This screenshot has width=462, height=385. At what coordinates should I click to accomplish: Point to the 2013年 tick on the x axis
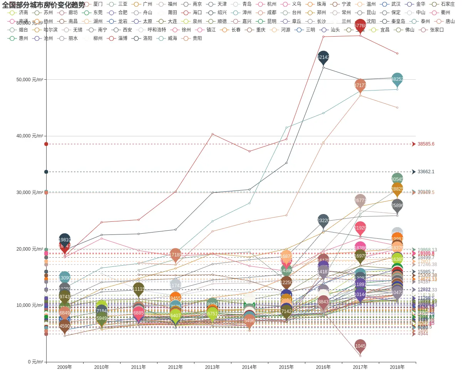click(x=213, y=367)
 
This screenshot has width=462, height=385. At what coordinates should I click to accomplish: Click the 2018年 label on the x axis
click(x=397, y=367)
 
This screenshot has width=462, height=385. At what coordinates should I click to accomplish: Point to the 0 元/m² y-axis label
click(x=35, y=362)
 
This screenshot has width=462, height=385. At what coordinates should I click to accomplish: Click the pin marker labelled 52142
click(x=323, y=57)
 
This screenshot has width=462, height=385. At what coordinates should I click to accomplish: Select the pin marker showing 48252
click(x=397, y=79)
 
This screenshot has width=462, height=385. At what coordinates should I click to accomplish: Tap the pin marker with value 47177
click(x=360, y=85)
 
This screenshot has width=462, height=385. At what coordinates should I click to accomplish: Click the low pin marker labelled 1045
click(x=360, y=346)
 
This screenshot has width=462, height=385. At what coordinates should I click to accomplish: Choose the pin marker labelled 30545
click(x=397, y=179)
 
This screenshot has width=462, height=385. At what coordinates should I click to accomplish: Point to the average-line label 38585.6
click(x=426, y=144)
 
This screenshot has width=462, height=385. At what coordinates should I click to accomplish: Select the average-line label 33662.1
click(x=426, y=172)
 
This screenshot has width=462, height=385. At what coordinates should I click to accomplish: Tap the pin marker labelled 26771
click(x=360, y=200)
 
